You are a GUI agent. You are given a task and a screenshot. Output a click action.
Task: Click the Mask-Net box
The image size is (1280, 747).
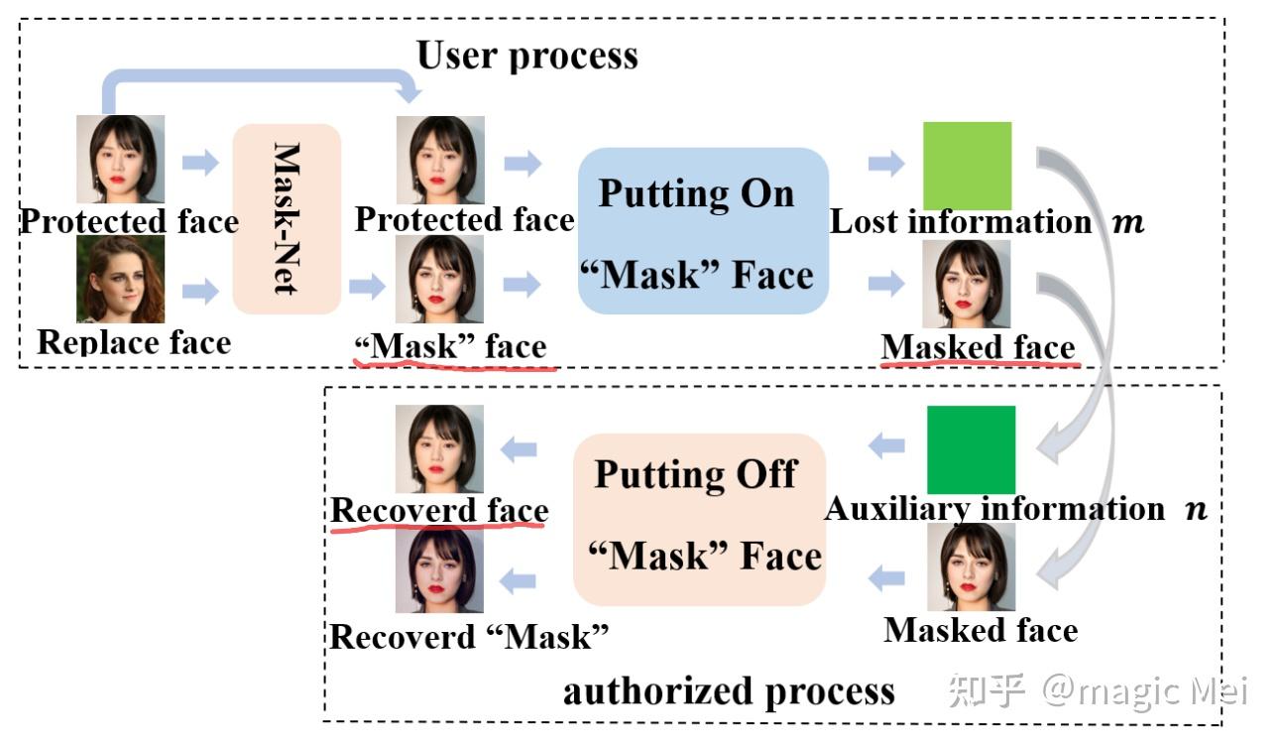287,218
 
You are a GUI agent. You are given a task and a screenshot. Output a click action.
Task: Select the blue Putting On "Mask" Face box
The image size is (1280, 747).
703,231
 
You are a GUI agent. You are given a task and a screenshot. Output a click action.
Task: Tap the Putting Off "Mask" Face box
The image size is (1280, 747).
699,519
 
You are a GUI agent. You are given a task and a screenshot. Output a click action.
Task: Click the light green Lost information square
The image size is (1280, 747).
967,166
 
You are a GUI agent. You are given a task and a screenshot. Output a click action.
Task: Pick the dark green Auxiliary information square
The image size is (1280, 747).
971,449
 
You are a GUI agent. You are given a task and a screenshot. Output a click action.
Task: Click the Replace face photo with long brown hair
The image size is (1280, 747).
120,280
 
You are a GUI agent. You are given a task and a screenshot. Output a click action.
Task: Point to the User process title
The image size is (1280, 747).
526,55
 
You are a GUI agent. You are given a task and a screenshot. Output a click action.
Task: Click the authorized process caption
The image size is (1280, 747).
729,690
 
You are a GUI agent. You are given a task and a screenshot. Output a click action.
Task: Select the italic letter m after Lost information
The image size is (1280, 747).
1128,222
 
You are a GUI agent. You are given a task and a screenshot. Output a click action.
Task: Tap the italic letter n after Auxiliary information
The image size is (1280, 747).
1197,509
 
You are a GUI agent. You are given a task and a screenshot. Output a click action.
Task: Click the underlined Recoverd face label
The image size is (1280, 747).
439,510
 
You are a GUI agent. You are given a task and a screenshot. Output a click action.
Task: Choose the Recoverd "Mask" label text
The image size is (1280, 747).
468,636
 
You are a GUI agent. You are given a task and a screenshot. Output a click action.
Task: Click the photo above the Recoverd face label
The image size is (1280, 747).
439,449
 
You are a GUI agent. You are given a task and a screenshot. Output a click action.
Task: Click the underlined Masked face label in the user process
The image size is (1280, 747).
978,347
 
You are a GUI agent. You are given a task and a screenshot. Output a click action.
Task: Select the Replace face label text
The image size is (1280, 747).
134,342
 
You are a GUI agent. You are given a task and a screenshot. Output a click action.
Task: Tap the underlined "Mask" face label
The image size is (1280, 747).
451,346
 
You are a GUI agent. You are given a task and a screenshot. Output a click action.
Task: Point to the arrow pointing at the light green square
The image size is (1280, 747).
886,164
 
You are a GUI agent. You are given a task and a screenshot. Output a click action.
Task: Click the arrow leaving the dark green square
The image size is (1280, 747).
886,446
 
